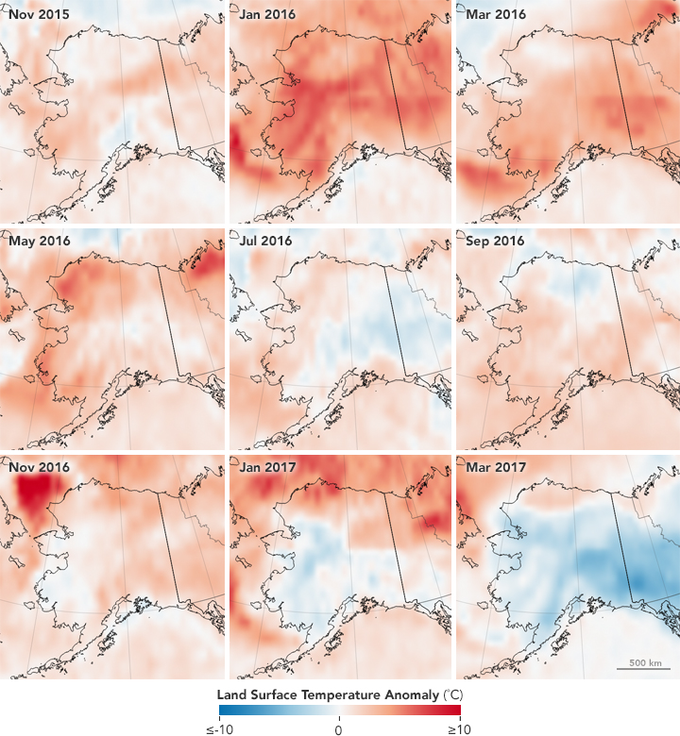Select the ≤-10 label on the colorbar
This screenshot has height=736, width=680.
coord(219,728)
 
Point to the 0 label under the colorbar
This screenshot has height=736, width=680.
coord(339,728)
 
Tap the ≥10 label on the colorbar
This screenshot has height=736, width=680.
coord(460,728)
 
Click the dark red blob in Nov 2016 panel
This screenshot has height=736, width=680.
coord(36,491)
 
